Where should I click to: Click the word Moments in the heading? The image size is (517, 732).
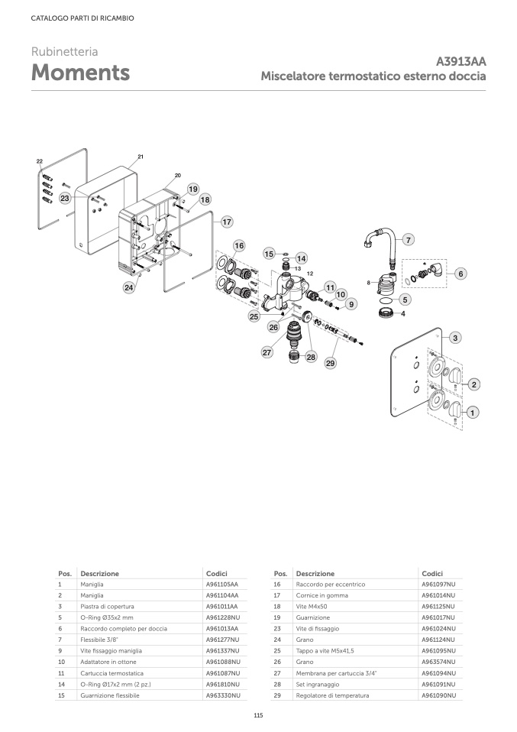click(79, 73)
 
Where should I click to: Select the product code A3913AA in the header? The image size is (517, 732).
click(461, 62)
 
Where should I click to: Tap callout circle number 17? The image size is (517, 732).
click(226, 222)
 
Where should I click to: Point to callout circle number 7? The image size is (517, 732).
click(408, 240)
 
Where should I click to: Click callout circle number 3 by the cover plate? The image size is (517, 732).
click(454, 337)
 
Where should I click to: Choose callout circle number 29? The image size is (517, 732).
click(331, 364)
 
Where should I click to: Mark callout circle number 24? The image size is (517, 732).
click(130, 288)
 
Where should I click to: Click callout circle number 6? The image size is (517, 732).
click(460, 273)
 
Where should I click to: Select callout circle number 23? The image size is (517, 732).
click(66, 198)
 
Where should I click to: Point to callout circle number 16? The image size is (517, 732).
click(239, 246)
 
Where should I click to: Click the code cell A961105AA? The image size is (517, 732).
click(221, 585)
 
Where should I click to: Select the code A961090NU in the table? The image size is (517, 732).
click(438, 695)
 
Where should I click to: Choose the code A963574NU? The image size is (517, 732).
click(438, 662)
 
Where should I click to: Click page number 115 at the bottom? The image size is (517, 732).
click(258, 714)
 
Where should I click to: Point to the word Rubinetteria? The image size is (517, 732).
click(64, 52)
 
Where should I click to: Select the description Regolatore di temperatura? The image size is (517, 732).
click(332, 695)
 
